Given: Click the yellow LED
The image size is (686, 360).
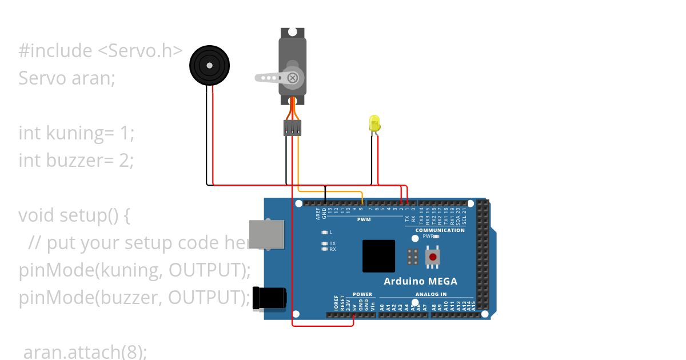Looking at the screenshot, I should [374, 123].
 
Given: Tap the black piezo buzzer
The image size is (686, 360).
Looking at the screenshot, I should [209, 65].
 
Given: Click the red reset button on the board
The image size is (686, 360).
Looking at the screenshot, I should [433, 257].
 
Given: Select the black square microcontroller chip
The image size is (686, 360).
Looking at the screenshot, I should [378, 256].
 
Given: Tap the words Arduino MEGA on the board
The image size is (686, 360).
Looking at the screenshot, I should [420, 281].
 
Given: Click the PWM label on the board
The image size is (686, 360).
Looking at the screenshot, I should [364, 219].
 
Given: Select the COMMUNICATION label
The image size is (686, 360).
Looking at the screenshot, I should [440, 230].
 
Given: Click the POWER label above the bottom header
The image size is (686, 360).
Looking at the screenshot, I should [362, 294].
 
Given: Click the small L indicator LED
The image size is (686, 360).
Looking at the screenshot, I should [325, 232].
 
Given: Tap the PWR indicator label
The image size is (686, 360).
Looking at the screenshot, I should [428, 235].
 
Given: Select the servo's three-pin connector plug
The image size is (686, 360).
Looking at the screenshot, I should [292, 128].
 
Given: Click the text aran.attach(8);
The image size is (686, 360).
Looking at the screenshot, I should [85, 351].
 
